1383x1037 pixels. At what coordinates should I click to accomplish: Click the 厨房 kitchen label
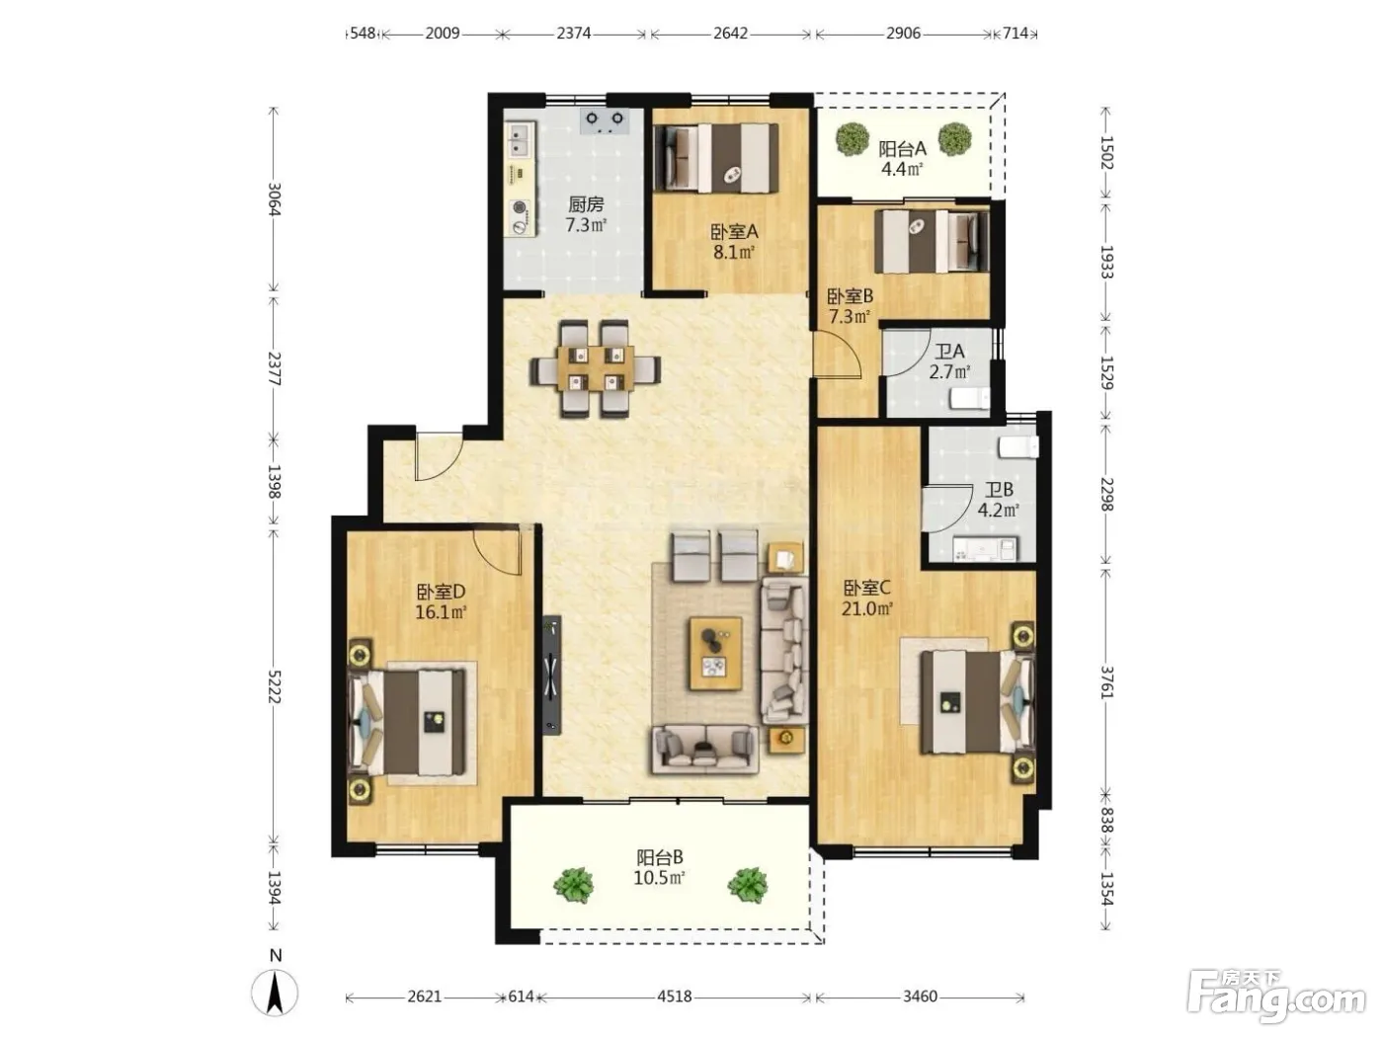(586, 204)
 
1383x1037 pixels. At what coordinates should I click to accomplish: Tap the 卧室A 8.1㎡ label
(734, 242)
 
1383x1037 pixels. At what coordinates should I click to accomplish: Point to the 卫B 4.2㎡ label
(999, 500)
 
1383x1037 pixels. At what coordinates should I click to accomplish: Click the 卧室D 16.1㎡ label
(441, 601)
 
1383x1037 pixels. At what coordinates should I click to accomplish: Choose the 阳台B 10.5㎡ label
(659, 867)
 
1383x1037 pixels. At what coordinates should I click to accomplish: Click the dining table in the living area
(596, 368)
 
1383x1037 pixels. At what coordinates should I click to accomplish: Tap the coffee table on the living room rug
(715, 654)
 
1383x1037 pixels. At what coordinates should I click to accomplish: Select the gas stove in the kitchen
(605, 121)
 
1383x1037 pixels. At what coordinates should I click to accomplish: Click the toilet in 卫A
(970, 399)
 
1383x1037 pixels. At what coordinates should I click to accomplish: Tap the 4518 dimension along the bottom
(674, 997)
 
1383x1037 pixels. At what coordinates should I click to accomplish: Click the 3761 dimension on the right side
(1107, 681)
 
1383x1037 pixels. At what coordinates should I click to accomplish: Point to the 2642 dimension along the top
(730, 33)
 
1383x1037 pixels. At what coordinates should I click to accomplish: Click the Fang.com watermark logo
(1276, 997)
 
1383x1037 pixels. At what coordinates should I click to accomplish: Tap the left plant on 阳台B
(573, 885)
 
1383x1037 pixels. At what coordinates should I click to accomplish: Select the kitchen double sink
(520, 140)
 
